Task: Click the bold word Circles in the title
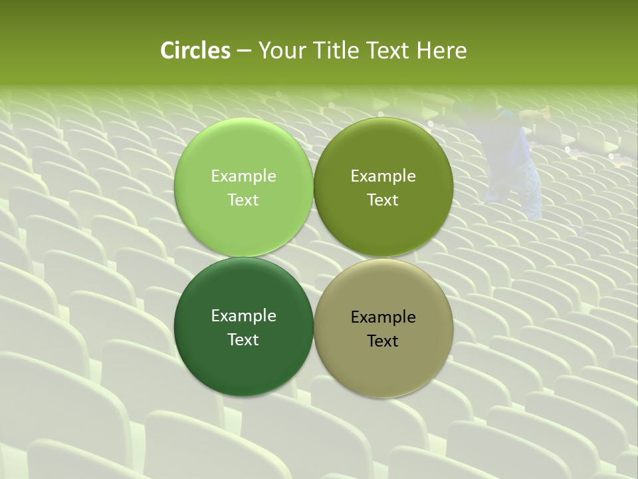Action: (x=195, y=51)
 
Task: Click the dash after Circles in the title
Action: (x=244, y=51)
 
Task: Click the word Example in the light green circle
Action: (x=243, y=176)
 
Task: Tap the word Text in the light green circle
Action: (x=243, y=200)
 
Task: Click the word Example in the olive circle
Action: (x=383, y=176)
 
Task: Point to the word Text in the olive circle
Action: (x=383, y=200)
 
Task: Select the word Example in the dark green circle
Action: (x=243, y=316)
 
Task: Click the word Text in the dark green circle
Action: (x=243, y=340)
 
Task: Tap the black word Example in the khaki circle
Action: (x=383, y=317)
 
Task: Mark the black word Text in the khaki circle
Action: (x=383, y=341)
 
